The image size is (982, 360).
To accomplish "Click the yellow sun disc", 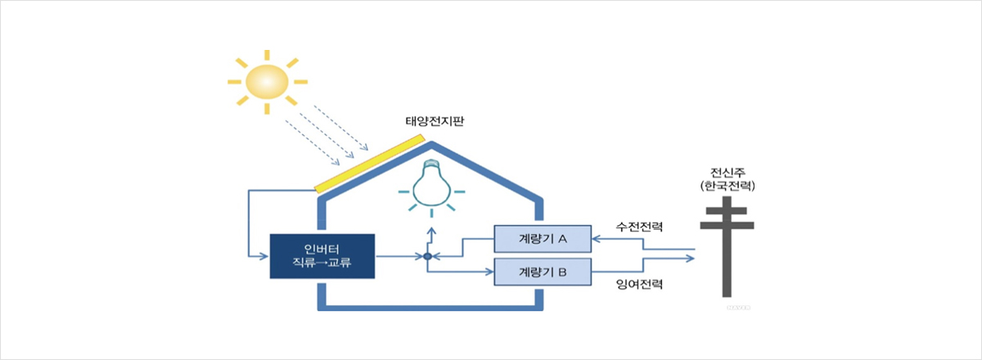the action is click(267, 82).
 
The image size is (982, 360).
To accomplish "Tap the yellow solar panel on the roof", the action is click(370, 164).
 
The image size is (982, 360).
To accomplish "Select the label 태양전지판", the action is click(435, 121).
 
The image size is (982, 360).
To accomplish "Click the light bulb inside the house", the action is click(432, 182).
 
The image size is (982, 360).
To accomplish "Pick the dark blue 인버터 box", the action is click(322, 256).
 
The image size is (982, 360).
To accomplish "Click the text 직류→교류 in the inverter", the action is click(322, 263).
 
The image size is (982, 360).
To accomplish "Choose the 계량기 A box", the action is click(543, 239).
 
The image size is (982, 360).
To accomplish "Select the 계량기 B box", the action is click(543, 272).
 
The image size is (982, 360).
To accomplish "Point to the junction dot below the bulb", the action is click(428, 257).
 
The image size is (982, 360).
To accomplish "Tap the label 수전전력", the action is click(639, 227).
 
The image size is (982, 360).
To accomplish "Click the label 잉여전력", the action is click(639, 284).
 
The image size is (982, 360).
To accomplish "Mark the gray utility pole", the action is click(727, 246).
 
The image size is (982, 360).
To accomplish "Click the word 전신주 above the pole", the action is click(727, 173).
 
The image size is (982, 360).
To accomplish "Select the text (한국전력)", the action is click(727, 186).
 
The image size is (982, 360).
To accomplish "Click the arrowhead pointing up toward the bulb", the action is click(432, 231).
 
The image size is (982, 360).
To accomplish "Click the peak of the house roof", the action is click(431, 143).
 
